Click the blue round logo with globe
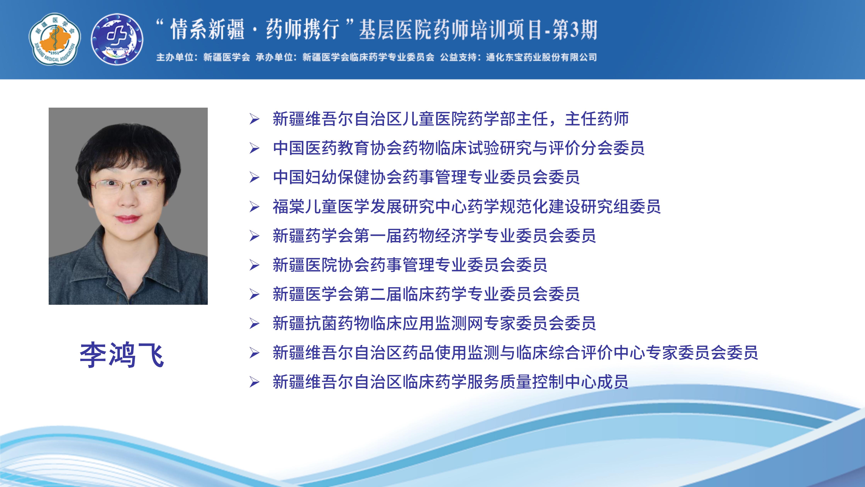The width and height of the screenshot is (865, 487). [x=117, y=39]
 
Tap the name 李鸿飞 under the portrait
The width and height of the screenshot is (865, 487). [x=122, y=355]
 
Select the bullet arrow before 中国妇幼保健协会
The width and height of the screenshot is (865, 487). [x=254, y=177]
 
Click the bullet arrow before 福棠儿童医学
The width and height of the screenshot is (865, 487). [x=254, y=207]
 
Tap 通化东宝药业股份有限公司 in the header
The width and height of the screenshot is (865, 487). [x=541, y=57]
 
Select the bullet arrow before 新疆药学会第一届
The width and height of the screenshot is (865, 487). [x=254, y=236]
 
